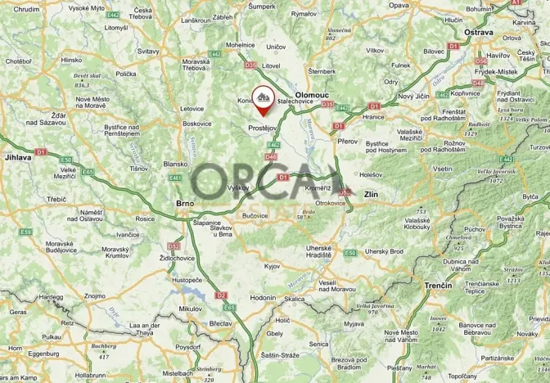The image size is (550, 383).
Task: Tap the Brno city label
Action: click(x=184, y=203)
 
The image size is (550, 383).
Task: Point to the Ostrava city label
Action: click(x=480, y=32)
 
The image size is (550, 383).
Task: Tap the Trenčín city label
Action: click(x=438, y=285)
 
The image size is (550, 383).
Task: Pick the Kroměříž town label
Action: click(x=317, y=187)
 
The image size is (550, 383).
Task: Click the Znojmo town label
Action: click(x=95, y=295)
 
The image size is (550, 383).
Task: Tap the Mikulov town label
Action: click(x=189, y=309)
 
